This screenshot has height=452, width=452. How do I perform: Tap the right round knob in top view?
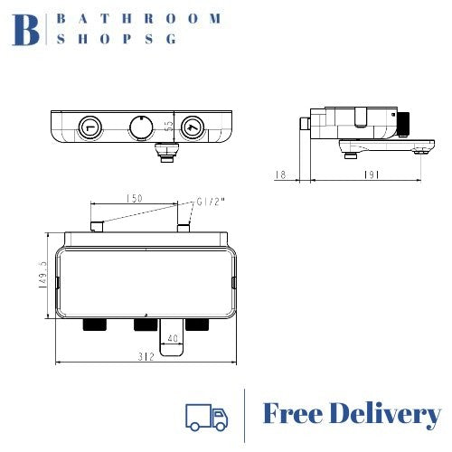pos(192,127)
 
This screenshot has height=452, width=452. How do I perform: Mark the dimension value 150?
pos(137,198)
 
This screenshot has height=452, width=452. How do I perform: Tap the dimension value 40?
pos(172,340)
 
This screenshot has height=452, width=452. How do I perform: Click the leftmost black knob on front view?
pos(91,325)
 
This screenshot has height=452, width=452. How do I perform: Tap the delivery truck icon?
pos(205,416)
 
